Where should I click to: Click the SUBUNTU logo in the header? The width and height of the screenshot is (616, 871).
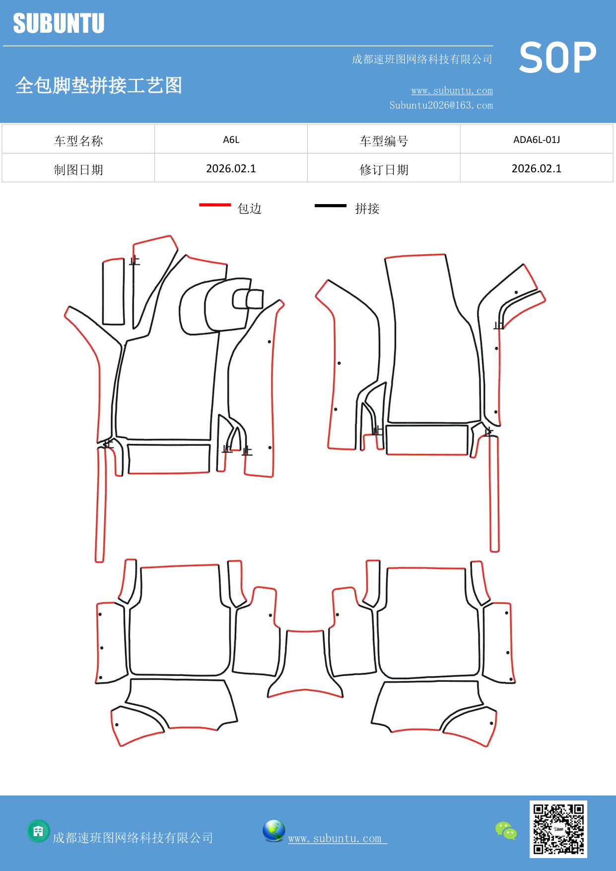click(x=59, y=23)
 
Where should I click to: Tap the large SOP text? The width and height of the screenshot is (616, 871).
click(x=557, y=58)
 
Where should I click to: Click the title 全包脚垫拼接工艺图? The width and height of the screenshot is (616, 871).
click(x=98, y=85)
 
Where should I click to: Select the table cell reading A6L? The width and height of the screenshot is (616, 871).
click(x=231, y=140)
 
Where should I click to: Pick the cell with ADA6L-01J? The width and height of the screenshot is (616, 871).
click(x=536, y=140)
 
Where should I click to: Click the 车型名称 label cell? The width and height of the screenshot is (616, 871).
click(x=78, y=141)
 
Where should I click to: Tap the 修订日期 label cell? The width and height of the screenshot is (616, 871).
click(x=384, y=170)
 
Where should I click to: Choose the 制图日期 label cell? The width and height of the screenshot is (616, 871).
click(x=78, y=170)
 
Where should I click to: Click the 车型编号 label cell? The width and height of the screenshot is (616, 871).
click(x=384, y=141)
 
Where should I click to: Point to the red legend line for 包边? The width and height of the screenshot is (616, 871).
click(x=215, y=205)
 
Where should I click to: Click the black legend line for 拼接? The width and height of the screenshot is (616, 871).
click(x=331, y=205)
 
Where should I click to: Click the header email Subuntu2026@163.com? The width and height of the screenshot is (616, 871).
click(x=441, y=105)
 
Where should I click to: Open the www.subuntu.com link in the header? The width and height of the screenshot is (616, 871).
click(x=452, y=91)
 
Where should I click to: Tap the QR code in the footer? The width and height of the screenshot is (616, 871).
click(x=558, y=829)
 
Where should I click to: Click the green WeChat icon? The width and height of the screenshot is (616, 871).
click(x=506, y=830)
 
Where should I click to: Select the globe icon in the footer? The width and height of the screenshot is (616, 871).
click(x=274, y=831)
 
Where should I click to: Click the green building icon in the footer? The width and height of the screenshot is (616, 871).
click(x=38, y=831)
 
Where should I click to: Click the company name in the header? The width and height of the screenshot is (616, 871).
click(x=421, y=60)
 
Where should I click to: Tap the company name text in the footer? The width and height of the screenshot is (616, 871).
click(x=133, y=838)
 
